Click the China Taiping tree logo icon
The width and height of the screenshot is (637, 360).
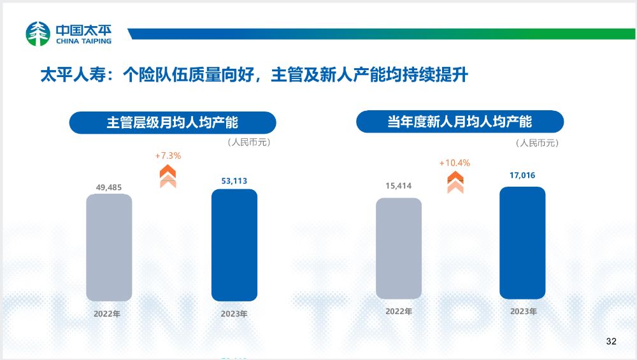point(38,34)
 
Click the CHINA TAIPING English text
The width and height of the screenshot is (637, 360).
point(83,41)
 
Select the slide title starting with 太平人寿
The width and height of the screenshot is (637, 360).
point(254,75)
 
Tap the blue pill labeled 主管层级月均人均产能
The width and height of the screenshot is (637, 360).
point(173,122)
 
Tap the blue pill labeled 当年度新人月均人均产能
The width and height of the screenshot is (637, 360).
point(460,122)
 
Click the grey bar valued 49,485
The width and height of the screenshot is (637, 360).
point(109,247)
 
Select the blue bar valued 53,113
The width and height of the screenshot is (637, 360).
point(234,245)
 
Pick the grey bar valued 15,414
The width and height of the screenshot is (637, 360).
point(399,248)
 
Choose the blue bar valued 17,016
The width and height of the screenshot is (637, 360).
point(522,243)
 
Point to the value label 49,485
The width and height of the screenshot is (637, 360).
point(109,187)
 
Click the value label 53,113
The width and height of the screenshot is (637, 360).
point(234,181)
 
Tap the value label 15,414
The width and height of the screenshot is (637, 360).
point(399,185)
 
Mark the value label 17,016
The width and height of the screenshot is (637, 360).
point(522,175)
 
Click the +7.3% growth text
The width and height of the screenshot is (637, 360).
point(168,155)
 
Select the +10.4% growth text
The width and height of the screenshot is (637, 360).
point(455,163)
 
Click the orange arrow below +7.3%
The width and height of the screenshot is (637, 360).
point(168,176)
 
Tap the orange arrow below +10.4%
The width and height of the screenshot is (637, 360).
point(455,182)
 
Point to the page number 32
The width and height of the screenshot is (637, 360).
point(612,342)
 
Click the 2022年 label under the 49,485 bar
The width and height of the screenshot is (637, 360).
point(107,313)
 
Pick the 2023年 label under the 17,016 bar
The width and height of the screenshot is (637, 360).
point(524,311)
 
